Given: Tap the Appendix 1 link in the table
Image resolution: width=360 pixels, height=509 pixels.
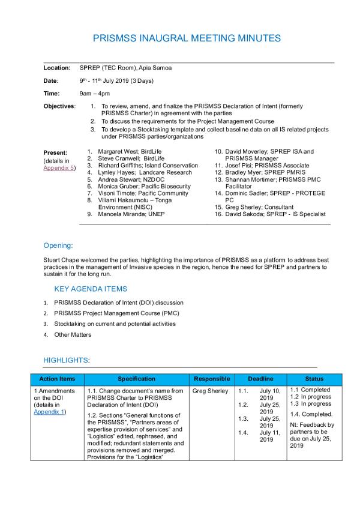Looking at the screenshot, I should coord(49,412).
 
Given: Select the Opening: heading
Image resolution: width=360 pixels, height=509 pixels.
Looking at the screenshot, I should coord(58,245).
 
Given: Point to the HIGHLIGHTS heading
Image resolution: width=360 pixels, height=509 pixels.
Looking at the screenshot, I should coord(66,360).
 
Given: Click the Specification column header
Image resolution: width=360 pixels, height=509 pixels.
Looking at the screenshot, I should coord(136,379).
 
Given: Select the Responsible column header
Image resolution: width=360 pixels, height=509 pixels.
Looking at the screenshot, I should coord(212,379).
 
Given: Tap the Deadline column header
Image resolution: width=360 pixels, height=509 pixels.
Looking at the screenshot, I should coord(261,379).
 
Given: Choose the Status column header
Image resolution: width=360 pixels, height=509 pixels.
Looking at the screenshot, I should coord(314,379).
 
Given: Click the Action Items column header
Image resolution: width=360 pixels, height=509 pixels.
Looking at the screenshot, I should coord(57,379).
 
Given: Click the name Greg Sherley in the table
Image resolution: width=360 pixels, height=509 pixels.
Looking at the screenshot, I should coord(210,391).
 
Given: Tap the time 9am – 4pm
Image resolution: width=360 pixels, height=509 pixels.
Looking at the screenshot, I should coord(95,94).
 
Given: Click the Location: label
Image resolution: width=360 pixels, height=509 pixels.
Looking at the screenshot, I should coord(57,68).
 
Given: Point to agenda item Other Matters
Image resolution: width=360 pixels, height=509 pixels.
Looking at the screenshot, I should coord(73,335).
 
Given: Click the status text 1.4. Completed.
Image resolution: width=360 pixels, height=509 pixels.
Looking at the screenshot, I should coord(311,414).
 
